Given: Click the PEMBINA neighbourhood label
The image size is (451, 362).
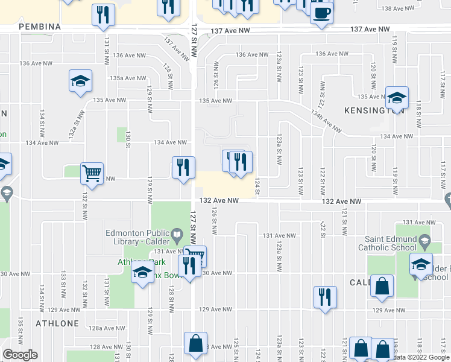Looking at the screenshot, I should [40, 27].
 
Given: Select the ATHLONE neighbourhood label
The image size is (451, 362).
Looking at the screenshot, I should [57, 323].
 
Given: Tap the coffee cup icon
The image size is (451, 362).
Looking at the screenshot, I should [322, 13].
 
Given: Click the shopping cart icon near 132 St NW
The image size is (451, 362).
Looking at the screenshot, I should [92, 173].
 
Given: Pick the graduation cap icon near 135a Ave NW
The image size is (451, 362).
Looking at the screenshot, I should [80, 82].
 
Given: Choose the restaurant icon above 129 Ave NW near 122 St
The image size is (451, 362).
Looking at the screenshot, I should [325, 297].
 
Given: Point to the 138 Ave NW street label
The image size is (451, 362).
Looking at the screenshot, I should [399, 8].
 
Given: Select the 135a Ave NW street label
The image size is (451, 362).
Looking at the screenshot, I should [128, 78].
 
